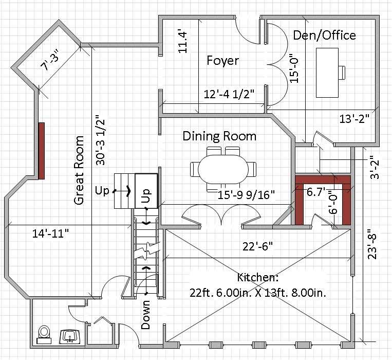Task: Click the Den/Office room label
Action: coord(324,35)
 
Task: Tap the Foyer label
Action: coord(223,61)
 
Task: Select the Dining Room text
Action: coord(219,136)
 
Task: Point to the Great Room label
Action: coord(79,170)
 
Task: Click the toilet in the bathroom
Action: coord(44,334)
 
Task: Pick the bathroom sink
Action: coord(70,337)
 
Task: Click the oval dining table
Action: coord(223,169)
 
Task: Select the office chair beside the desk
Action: coord(342,73)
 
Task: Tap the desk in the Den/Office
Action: coord(327,73)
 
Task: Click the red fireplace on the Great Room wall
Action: coord(42,151)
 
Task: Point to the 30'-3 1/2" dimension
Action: coord(101,140)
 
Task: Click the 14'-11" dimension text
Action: coord(50,233)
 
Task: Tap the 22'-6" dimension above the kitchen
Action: coord(257,247)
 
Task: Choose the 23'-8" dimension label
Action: coord(372,244)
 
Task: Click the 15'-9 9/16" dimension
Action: coord(246,194)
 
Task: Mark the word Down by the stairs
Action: coord(145,315)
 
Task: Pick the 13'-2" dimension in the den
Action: coord(354,119)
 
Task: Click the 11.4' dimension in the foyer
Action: coord(183,42)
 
